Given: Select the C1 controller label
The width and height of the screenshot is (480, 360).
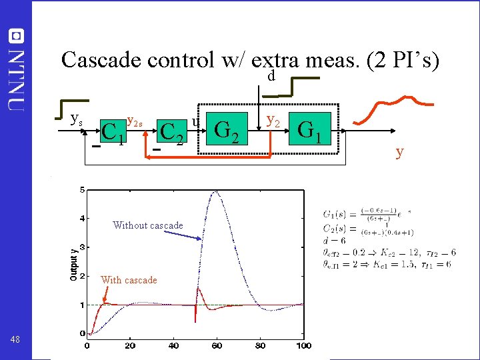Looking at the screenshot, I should click(x=113, y=131).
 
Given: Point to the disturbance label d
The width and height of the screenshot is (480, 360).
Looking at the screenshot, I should click(x=271, y=77).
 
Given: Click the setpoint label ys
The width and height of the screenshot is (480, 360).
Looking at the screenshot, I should click(x=76, y=120).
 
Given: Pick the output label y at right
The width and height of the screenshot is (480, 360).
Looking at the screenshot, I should click(x=399, y=152).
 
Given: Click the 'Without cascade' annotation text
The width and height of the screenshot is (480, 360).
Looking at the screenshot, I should click(x=148, y=225).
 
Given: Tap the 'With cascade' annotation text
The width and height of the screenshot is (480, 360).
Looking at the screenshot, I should click(x=129, y=280).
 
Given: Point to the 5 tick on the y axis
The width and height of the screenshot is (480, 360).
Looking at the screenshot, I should click(x=82, y=190).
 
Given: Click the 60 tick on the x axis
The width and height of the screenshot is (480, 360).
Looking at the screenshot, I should click(x=217, y=345).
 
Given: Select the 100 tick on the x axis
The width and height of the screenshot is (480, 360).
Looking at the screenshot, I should click(x=304, y=345).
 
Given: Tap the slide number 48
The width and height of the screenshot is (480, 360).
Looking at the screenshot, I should click(x=16, y=339).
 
